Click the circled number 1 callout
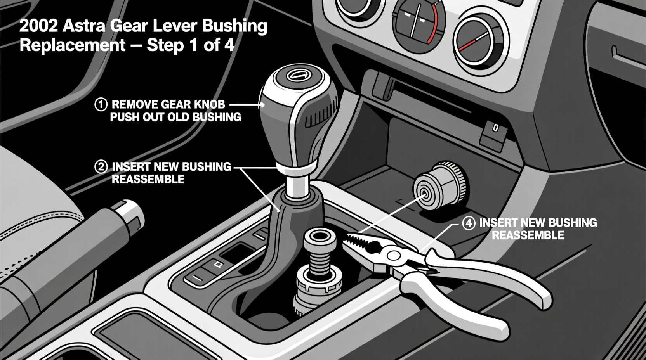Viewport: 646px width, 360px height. pos(101,104)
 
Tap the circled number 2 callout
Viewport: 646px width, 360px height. pos(101,167)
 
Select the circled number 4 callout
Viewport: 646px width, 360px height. pos(469,223)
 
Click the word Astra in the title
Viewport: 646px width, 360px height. pos(84,26)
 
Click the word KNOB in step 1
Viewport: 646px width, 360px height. pos(210,104)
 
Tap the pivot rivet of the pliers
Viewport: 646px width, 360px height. pos(394,255)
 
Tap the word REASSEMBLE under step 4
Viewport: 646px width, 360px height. pos(528,235)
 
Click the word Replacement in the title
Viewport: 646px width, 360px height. pos(73,45)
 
